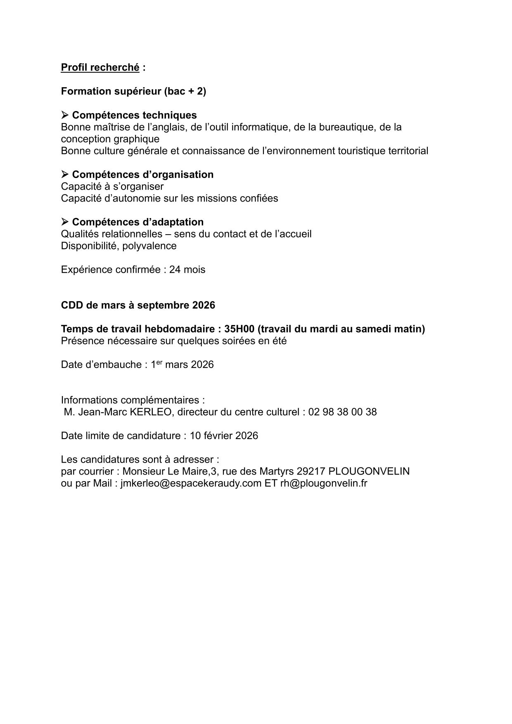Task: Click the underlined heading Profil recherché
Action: (x=100, y=67)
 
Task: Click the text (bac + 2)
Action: (x=185, y=91)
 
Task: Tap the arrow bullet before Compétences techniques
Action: (x=65, y=115)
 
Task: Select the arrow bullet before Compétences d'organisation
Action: (x=65, y=174)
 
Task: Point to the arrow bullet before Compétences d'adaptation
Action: (x=65, y=222)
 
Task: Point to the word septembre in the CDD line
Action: (x=163, y=305)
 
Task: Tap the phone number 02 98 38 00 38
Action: (x=342, y=412)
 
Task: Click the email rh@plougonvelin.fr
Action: (x=324, y=483)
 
